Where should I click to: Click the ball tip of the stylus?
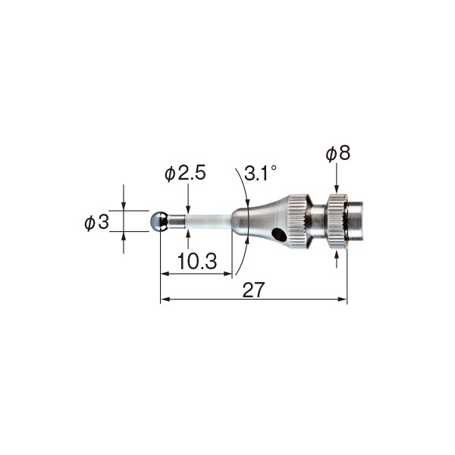[x=158, y=221]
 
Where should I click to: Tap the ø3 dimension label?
[x=96, y=222]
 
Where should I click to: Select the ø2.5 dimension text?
[x=185, y=173]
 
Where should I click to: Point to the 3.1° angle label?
[x=260, y=173]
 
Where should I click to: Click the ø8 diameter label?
[x=337, y=153]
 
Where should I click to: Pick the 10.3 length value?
[x=197, y=261]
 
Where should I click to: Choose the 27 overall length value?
[x=253, y=290]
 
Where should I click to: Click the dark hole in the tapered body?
[x=279, y=235]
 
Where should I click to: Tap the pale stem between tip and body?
[x=209, y=221]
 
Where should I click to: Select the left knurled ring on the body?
[x=297, y=221]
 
